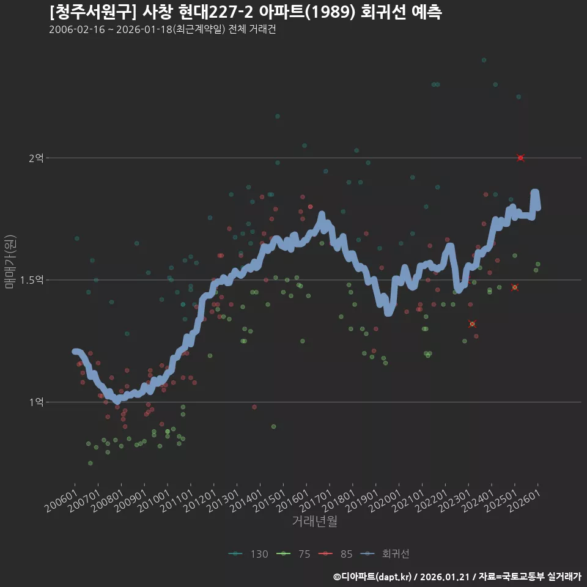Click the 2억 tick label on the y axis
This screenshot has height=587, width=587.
tap(36, 158)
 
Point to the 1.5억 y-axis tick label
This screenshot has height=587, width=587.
tap(32, 280)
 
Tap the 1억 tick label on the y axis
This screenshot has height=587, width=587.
tap(36, 402)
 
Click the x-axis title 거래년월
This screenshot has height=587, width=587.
tap(314, 521)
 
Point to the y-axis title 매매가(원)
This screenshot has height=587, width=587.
tap(10, 262)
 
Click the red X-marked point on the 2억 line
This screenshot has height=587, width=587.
tap(520, 158)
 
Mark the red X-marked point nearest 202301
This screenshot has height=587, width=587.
tap(472, 323)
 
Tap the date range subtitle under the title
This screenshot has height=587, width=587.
tap(162, 30)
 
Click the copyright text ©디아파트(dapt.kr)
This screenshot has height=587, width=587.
tap(372, 577)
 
